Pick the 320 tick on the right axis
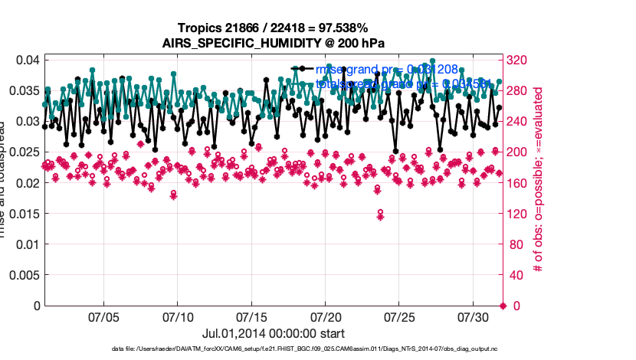click(519, 60)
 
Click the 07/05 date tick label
click(103, 316)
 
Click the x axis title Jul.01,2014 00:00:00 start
click(273, 333)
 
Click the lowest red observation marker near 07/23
click(380, 216)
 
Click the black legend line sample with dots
click(302, 69)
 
